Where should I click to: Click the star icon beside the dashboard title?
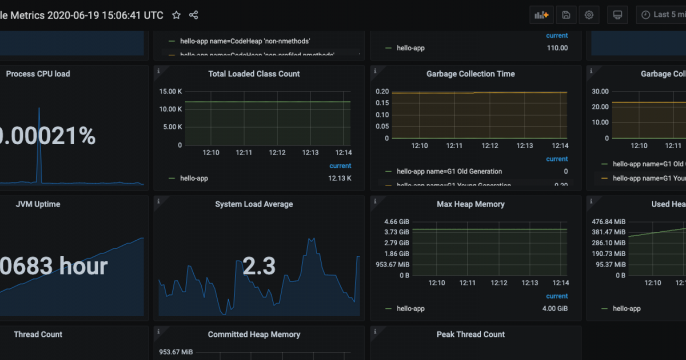[176, 15]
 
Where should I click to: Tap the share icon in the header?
[194, 15]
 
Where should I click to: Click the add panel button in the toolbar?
[542, 15]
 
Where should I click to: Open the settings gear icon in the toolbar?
[589, 15]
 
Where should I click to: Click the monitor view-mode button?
[617, 15]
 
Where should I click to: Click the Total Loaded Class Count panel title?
[254, 74]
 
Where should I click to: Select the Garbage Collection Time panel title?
[471, 74]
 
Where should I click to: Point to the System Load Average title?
[254, 204]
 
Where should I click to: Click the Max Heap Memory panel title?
[471, 204]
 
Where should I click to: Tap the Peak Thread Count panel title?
[471, 334]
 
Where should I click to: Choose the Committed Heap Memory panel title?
[254, 334]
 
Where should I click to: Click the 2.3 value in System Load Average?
[259, 266]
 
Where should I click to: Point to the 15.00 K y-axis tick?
[169, 92]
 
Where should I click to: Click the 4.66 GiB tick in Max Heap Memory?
[397, 221]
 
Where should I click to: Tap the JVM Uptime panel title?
[38, 204]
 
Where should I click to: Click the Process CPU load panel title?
[38, 74]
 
